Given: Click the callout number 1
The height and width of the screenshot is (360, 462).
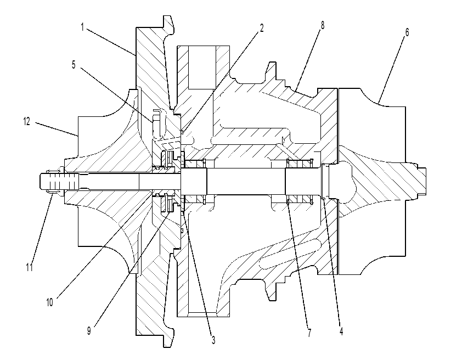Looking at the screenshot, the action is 82,27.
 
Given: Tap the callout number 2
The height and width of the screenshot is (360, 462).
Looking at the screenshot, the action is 261,28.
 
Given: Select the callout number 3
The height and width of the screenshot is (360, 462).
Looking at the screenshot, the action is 213,340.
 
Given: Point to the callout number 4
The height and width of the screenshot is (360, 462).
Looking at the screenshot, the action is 341,331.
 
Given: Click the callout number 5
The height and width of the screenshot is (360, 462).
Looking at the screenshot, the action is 74,65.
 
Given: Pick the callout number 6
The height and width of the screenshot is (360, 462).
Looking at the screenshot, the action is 407,32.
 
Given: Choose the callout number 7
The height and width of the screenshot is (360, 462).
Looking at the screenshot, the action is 309,333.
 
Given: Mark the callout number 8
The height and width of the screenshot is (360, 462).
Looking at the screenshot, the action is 322,25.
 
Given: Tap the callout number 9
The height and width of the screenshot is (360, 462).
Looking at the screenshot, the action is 89,330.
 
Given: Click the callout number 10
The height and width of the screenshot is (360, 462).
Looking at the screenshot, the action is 49,302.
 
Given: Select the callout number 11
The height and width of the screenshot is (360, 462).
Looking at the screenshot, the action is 29,267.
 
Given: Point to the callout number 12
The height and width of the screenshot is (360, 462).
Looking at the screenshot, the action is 26,121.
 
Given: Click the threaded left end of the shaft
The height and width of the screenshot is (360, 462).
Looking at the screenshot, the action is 59,181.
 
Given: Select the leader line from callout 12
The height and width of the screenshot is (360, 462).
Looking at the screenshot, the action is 57,129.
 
